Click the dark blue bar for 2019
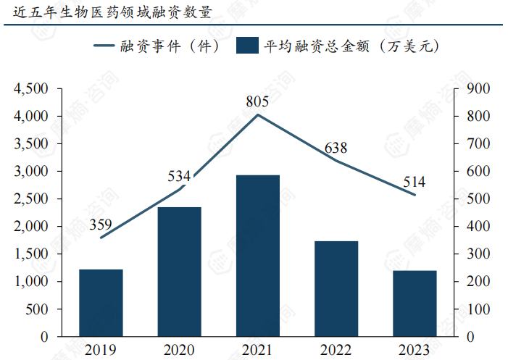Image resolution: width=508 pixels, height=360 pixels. pyautogui.click(x=101, y=303)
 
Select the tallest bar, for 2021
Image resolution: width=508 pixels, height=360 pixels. pyautogui.click(x=257, y=256)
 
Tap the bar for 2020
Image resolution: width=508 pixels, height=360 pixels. pyautogui.click(x=179, y=272)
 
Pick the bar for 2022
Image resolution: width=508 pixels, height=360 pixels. pyautogui.click(x=336, y=288)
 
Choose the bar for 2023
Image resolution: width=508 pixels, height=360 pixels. pyautogui.click(x=415, y=304)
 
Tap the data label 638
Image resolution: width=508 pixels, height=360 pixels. pyautogui.click(x=336, y=148)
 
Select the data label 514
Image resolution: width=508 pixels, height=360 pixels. pyautogui.click(x=414, y=182)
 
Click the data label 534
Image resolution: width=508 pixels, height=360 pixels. pyautogui.click(x=179, y=176)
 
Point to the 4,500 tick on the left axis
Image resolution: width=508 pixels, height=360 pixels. pyautogui.click(x=30, y=89)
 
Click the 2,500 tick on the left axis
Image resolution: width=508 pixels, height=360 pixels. pyautogui.click(x=30, y=199)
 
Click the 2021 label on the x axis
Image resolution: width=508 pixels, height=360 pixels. pyautogui.click(x=257, y=351)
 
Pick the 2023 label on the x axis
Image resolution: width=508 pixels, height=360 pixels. pyautogui.click(x=414, y=351)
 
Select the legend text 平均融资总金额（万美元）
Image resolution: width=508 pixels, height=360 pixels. pyautogui.click(x=352, y=46)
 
